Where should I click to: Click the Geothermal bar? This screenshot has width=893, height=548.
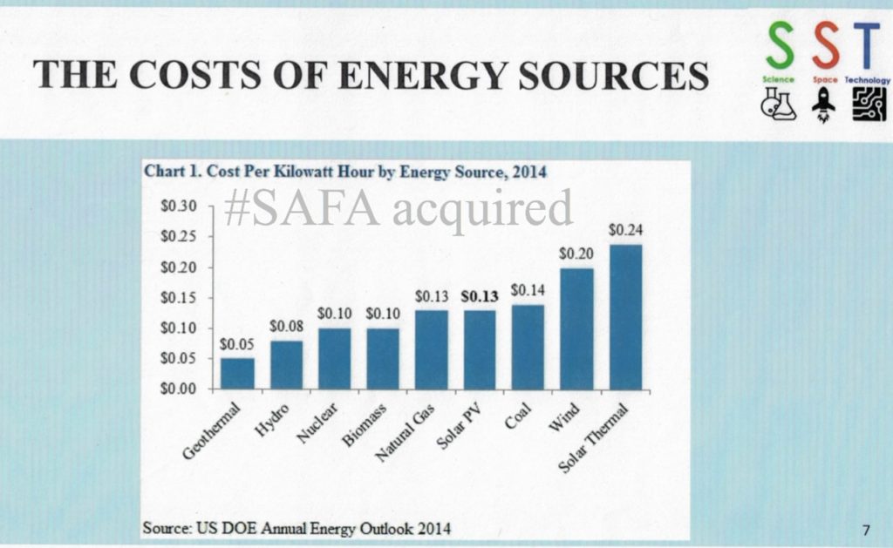[x=237, y=373]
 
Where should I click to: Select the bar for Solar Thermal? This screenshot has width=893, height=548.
[x=625, y=317]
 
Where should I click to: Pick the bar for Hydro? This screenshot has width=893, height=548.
[x=286, y=364]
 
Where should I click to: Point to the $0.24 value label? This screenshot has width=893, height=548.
[x=625, y=231]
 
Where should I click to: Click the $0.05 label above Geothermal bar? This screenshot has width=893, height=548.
[x=236, y=344]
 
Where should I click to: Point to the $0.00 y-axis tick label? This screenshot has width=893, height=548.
[x=181, y=389]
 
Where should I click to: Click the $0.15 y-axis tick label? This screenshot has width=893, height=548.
[x=181, y=297]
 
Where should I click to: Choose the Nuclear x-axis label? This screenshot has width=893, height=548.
[x=322, y=423]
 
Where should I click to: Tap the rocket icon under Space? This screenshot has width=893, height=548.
[x=823, y=105]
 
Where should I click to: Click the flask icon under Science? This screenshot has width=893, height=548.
[x=778, y=105]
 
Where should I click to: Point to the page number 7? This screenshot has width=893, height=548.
[x=865, y=529]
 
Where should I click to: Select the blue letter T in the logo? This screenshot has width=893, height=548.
[x=868, y=49]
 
